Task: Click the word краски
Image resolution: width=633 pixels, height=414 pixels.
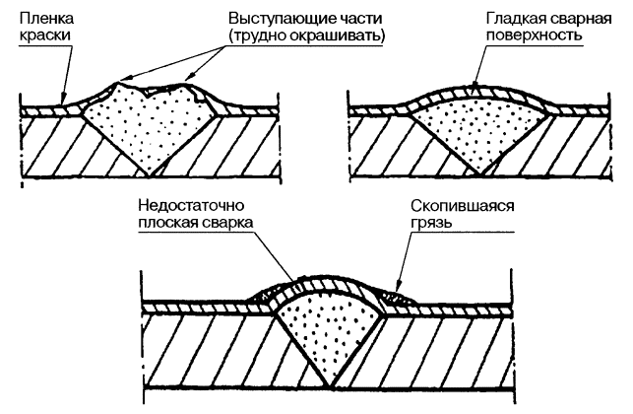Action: pos(43,37)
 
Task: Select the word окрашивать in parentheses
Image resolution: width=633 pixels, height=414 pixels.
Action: pos(338,37)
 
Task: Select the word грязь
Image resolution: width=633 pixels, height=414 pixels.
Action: pos(431,226)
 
